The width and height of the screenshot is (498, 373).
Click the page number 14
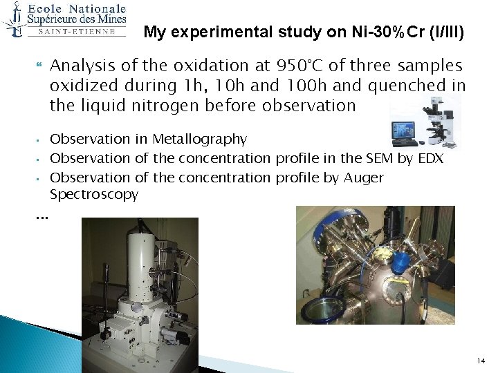481,361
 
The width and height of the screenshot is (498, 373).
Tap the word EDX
428,158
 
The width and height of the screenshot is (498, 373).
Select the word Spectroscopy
94,195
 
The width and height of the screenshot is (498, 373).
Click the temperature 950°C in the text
302,66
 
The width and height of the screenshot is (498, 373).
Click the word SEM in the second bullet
360,158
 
